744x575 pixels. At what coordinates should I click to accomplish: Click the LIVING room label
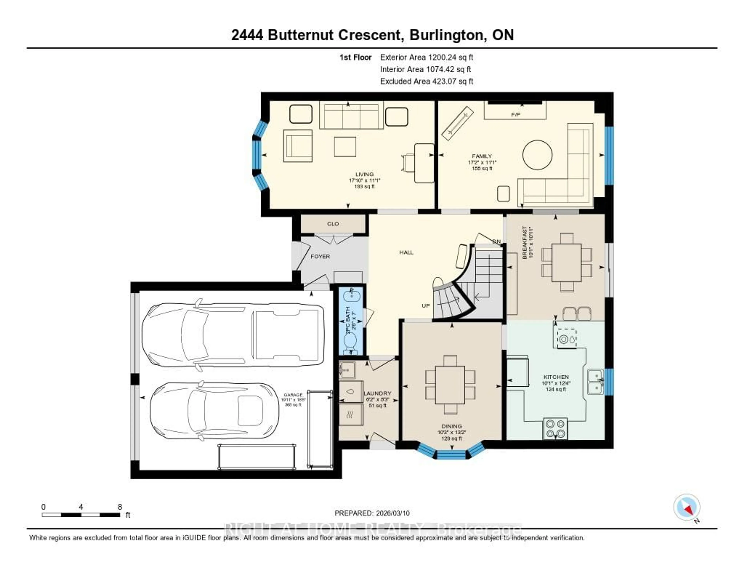pyautogui.click(x=364, y=174)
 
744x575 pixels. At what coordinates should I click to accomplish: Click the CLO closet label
pyautogui.click(x=333, y=224)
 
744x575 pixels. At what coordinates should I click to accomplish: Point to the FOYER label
pyautogui.click(x=320, y=256)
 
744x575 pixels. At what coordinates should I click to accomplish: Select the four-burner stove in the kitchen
pyautogui.click(x=555, y=428)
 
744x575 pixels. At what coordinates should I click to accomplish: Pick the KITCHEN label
pyautogui.click(x=556, y=377)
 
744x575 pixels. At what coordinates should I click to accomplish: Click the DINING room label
pyautogui.click(x=452, y=426)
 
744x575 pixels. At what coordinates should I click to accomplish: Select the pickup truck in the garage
pyautogui.click(x=233, y=335)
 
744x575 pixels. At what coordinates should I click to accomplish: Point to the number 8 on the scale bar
pyautogui.click(x=120, y=507)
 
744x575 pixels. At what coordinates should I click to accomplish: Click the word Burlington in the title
pyautogui.click(x=448, y=35)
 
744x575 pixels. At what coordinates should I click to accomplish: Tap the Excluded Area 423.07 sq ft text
pyautogui.click(x=426, y=81)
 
